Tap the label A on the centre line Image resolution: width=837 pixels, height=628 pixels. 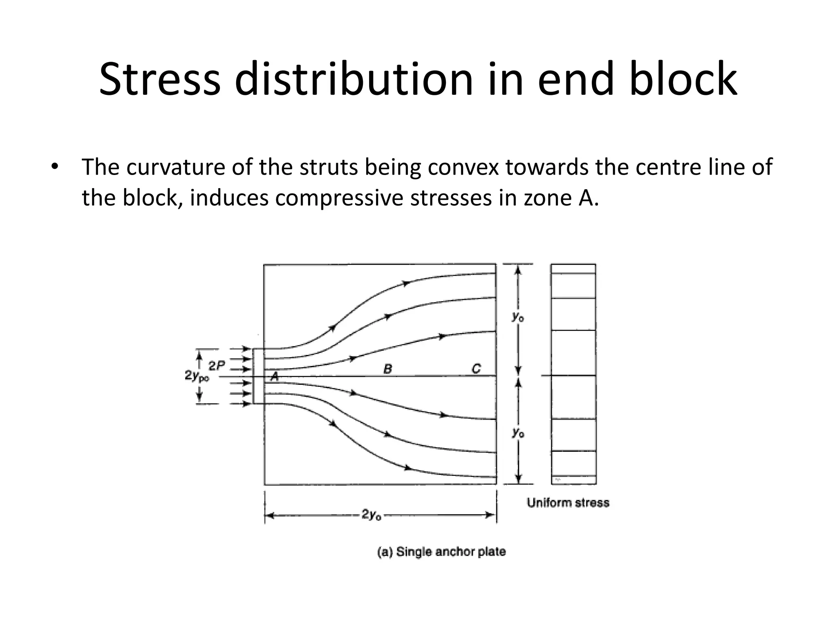pyautogui.click(x=275, y=377)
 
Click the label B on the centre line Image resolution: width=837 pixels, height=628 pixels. pyautogui.click(x=387, y=369)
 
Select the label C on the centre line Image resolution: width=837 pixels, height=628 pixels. pyautogui.click(x=476, y=369)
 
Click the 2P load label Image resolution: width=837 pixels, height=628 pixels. pyautogui.click(x=217, y=366)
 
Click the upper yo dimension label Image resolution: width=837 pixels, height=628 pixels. pyautogui.click(x=518, y=317)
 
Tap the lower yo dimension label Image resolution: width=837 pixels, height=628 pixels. pyautogui.click(x=518, y=433)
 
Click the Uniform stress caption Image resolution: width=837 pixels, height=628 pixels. pyautogui.click(x=568, y=502)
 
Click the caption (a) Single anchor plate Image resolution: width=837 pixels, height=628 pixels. pyautogui.click(x=441, y=552)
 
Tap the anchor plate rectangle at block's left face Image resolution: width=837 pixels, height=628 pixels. pyautogui.click(x=258, y=376)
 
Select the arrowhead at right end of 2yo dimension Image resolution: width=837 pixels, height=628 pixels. pyautogui.click(x=490, y=515)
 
